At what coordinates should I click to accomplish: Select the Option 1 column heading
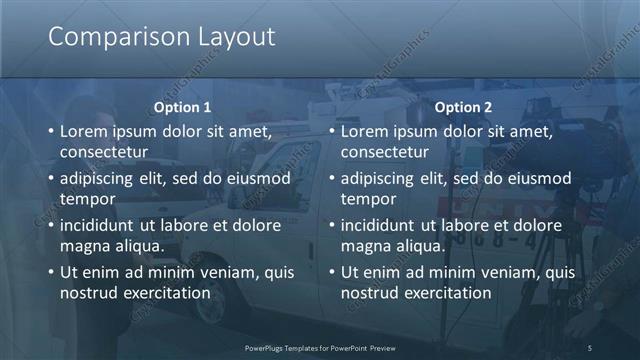pos(182,107)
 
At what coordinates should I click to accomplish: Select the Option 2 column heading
pos(463,107)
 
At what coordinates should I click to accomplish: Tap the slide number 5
pos(590,347)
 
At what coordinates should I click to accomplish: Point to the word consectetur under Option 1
pos(104,151)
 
